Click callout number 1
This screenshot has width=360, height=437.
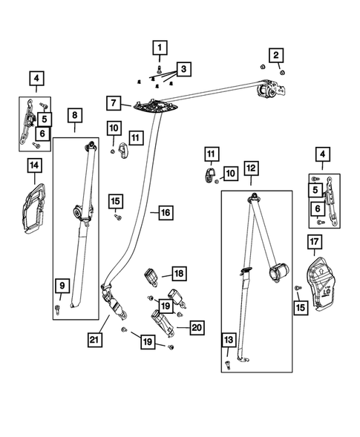tap(160, 47)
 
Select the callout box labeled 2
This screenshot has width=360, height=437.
tap(276, 55)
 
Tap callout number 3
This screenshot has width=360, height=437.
tap(183, 69)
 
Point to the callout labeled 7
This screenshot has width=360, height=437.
tap(114, 103)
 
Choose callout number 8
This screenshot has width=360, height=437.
tap(75, 115)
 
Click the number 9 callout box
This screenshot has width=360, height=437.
tap(62, 286)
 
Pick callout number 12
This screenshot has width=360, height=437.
tap(251, 168)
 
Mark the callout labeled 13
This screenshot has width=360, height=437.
tap(229, 340)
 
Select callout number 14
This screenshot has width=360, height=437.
tap(34, 165)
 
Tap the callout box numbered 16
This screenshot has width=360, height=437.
tap(166, 213)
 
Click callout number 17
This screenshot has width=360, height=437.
tap(314, 242)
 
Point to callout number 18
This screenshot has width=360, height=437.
tap(179, 274)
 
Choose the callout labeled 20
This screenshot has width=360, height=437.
tap(197, 327)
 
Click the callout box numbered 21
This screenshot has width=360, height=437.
tap(94, 340)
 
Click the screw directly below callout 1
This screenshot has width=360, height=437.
tap(160, 68)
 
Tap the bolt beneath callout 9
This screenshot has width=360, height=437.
tap(58, 309)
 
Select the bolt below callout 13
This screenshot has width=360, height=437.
tap(228, 365)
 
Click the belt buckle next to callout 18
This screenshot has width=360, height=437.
tap(151, 277)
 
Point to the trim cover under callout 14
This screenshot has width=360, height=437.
tap(34, 208)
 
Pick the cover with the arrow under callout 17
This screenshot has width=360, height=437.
tap(321, 283)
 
